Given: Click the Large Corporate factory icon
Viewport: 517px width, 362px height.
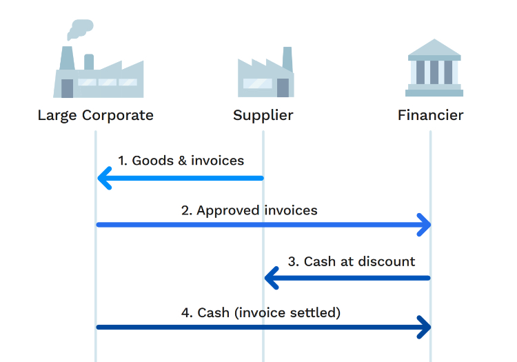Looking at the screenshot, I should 98,72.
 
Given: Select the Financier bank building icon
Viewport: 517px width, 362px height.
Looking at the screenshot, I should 434,68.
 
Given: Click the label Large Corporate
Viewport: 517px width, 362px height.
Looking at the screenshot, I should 95,115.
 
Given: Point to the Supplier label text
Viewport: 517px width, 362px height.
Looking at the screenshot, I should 263,115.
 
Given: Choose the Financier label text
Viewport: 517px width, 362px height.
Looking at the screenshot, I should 430,115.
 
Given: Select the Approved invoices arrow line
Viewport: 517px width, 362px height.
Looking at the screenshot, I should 262,224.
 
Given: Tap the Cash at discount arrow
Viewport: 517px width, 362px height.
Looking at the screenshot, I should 348,278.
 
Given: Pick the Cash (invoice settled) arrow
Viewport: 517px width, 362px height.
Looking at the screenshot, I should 262,327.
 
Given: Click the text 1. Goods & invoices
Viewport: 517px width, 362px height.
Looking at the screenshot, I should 181,161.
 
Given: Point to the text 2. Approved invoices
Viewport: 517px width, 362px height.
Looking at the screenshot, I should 249,210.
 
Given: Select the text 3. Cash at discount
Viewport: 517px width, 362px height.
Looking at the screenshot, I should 352,261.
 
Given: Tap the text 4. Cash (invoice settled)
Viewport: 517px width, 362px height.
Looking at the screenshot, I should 261,312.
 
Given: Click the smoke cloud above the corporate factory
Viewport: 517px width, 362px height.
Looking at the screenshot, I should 81,28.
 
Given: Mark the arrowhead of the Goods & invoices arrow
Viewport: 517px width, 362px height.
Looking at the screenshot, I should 104,179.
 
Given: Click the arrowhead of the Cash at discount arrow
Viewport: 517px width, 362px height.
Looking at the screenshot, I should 272,278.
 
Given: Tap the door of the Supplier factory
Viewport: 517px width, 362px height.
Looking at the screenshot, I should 283,88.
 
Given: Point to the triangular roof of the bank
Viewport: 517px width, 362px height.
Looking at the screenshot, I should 434,48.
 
